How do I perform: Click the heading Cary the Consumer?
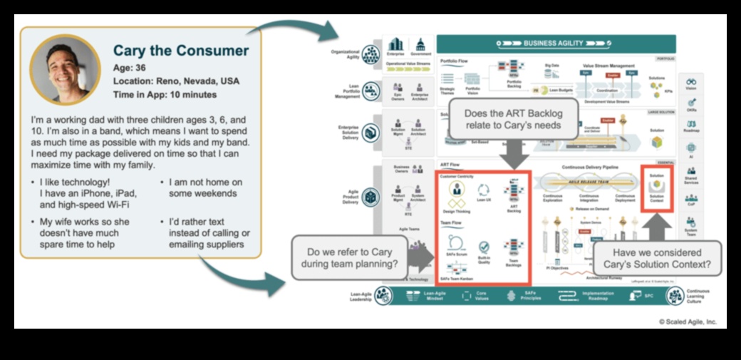point(181,51)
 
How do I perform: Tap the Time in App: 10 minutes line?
point(165,95)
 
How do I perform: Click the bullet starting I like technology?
point(88,193)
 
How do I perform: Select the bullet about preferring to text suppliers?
point(209,233)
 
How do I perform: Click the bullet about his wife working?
point(90,233)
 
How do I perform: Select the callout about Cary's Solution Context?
point(656,259)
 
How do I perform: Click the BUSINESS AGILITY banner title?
point(557,43)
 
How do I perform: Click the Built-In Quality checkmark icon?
point(484,247)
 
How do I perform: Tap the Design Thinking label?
point(457,212)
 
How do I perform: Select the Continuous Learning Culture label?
point(698,296)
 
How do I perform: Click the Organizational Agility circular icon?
point(370,54)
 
